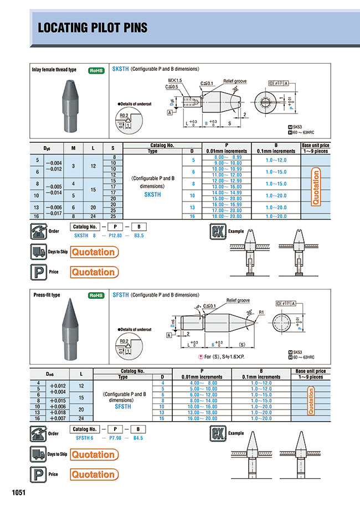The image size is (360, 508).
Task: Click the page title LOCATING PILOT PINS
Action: tap(92, 28)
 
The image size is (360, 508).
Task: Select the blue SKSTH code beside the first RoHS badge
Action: tap(120, 70)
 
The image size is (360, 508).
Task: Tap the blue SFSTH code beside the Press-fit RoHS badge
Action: tap(120, 295)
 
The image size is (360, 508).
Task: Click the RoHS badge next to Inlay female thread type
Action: tap(96, 70)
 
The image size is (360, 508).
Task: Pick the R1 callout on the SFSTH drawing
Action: tap(259, 312)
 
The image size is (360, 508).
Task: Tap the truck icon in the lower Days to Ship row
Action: tap(39, 454)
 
